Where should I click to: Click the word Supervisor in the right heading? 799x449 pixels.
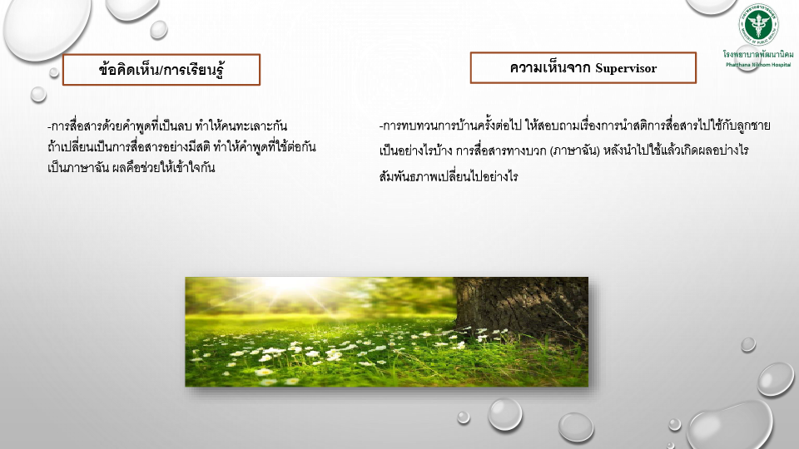[626, 68]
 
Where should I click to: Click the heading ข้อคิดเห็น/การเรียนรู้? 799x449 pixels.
[161, 70]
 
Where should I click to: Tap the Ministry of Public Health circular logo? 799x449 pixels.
[758, 24]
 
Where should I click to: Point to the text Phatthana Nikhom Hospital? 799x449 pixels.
[758, 65]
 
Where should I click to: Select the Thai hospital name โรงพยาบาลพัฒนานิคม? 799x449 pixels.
[758, 54]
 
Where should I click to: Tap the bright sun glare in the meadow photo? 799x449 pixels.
[292, 284]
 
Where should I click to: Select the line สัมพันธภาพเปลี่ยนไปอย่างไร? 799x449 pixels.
[449, 176]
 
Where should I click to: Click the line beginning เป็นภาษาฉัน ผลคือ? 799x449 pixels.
[131, 167]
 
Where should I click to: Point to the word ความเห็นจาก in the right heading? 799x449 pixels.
[550, 67]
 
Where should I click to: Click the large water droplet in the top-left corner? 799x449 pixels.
[47, 28]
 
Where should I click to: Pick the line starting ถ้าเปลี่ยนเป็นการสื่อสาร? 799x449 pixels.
[181, 146]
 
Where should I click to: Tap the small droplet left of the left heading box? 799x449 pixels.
[38, 94]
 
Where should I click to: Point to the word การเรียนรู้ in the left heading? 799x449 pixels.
[194, 70]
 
